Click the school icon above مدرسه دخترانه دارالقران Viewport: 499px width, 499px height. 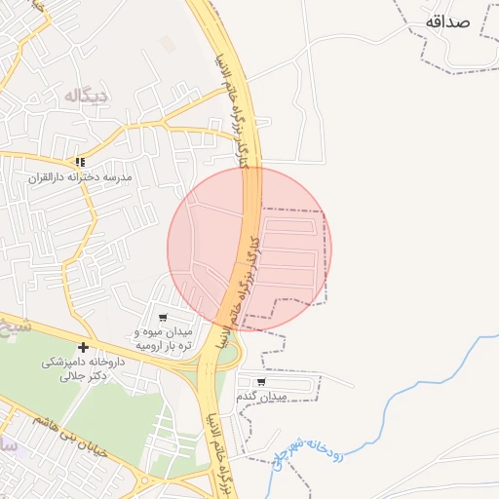[80, 162]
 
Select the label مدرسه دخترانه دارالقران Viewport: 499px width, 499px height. [79, 178]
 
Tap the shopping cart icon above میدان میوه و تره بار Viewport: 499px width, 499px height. [162, 318]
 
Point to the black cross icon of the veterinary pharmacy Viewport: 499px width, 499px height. [83, 347]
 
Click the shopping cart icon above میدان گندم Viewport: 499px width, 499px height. [260, 381]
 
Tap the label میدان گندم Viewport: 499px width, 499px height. [262, 398]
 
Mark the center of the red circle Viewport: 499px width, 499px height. [249, 249]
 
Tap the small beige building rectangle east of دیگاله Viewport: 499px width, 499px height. [169, 44]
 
